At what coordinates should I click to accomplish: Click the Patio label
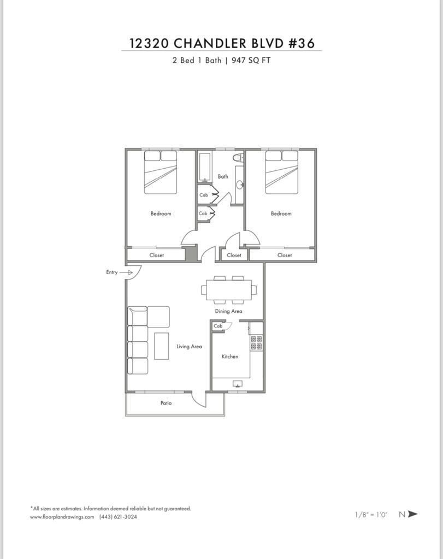[166, 403]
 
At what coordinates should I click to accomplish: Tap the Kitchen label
[230, 356]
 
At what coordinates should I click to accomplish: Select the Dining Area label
[228, 311]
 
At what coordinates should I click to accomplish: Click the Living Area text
[189, 346]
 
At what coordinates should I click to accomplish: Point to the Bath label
[223, 176]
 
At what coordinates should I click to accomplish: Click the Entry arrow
[126, 272]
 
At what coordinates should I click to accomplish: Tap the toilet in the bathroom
[238, 157]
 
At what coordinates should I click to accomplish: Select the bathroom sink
[240, 185]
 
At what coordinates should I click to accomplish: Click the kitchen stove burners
[256, 343]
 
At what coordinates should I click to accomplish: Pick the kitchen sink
[238, 384]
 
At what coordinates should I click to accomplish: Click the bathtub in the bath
[205, 167]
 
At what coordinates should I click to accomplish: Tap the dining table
[228, 290]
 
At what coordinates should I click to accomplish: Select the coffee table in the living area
[162, 346]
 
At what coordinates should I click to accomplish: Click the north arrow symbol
[412, 514]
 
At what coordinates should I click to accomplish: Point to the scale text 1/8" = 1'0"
[371, 514]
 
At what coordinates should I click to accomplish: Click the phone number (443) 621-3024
[118, 516]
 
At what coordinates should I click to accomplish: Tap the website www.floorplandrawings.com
[62, 516]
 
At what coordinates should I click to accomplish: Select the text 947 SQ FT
[251, 60]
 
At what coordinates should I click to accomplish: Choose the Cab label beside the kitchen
[218, 326]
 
